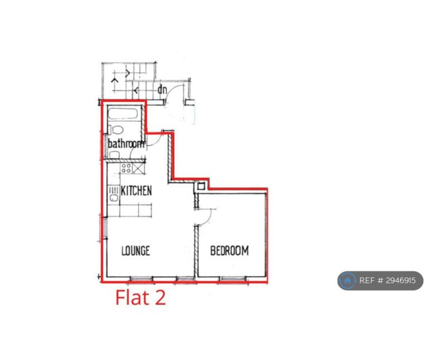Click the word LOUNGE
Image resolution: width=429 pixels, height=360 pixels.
[x=136, y=251]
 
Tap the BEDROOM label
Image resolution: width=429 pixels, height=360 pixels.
[x=230, y=251]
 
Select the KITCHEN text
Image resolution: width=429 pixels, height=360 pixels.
[x=136, y=191]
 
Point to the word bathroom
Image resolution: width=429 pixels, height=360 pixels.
[x=126, y=144]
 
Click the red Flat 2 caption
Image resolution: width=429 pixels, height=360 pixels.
[x=141, y=297]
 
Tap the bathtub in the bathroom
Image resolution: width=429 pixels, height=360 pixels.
[x=123, y=113]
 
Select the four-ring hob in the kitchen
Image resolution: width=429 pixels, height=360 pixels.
[x=126, y=168]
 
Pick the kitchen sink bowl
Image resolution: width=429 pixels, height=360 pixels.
[x=113, y=198]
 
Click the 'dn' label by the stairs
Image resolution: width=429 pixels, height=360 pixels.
[x=162, y=89]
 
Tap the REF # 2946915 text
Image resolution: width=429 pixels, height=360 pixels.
[x=388, y=280]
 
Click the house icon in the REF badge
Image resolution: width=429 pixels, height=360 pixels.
[x=347, y=281]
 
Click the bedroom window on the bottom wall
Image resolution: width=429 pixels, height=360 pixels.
[x=233, y=279]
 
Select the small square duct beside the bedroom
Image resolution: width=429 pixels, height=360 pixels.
[x=201, y=187]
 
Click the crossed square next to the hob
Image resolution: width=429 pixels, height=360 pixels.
[x=138, y=168]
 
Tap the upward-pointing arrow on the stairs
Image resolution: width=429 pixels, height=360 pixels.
[x=115, y=81]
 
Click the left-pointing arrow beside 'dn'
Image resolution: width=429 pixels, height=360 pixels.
[x=136, y=90]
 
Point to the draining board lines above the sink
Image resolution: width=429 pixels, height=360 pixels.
[x=113, y=190]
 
